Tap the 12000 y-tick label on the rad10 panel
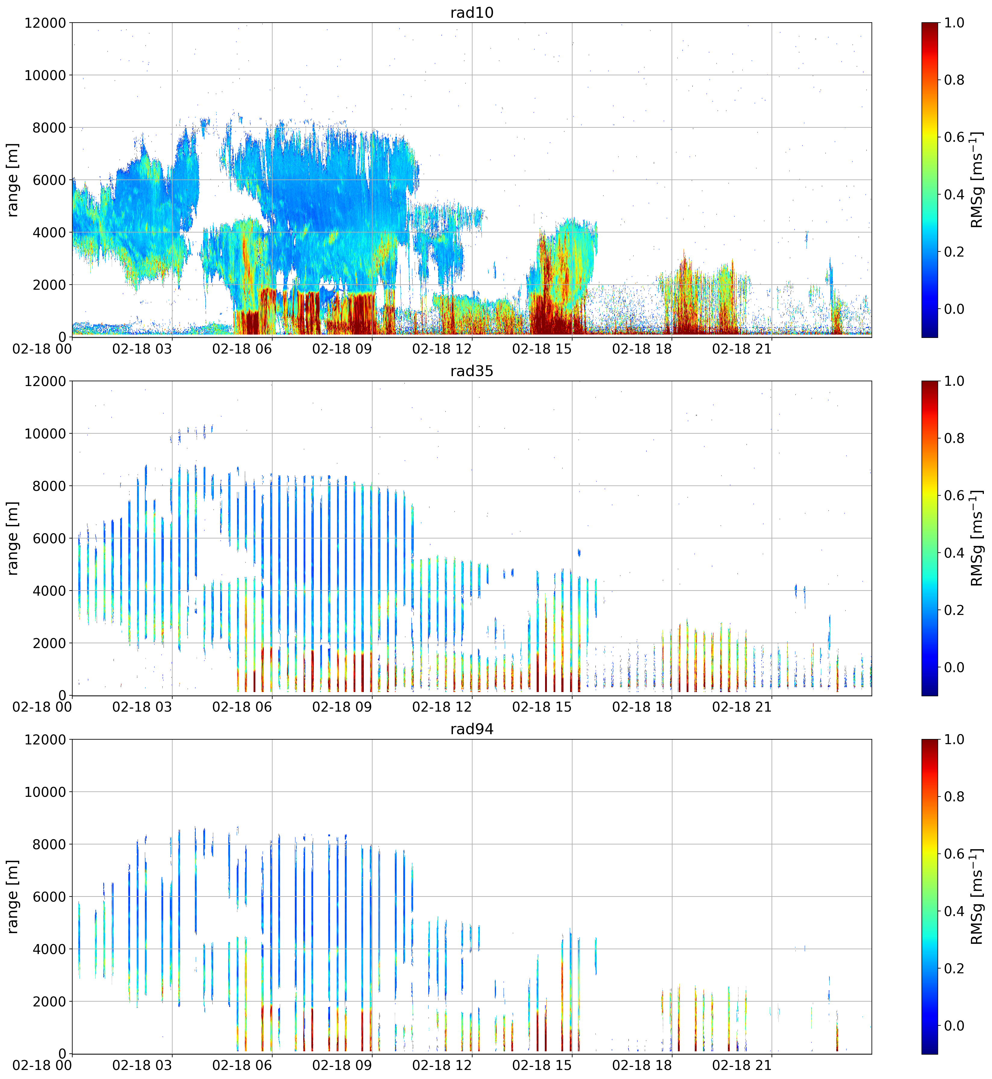coord(45,23)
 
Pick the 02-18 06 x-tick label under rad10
coord(242,349)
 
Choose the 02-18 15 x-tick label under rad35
coord(542,707)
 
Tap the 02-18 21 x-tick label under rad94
coord(742,1065)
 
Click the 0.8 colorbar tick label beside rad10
coord(954,80)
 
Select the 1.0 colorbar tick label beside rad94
coord(954,739)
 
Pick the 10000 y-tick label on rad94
coord(45,792)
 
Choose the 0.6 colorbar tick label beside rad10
coord(954,137)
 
